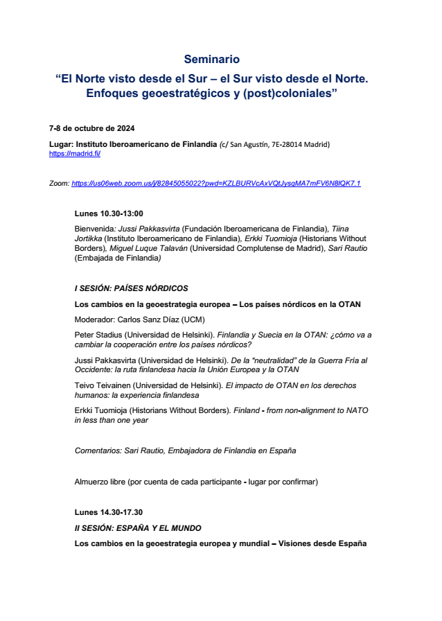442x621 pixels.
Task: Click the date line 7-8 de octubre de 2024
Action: [x=91, y=129]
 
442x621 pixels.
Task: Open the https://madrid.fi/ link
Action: [x=74, y=153]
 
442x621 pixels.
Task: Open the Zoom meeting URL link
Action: [x=215, y=184]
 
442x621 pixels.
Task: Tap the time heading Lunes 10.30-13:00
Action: [x=109, y=213]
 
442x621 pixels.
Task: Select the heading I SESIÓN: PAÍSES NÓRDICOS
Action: [x=131, y=288]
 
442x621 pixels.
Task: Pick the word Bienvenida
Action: [x=94, y=229]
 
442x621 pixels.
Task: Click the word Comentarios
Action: [x=98, y=451]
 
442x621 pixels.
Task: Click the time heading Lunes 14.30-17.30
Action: [x=108, y=513]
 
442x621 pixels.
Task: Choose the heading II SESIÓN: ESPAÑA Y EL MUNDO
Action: [x=138, y=528]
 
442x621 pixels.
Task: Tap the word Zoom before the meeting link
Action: [x=58, y=184]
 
